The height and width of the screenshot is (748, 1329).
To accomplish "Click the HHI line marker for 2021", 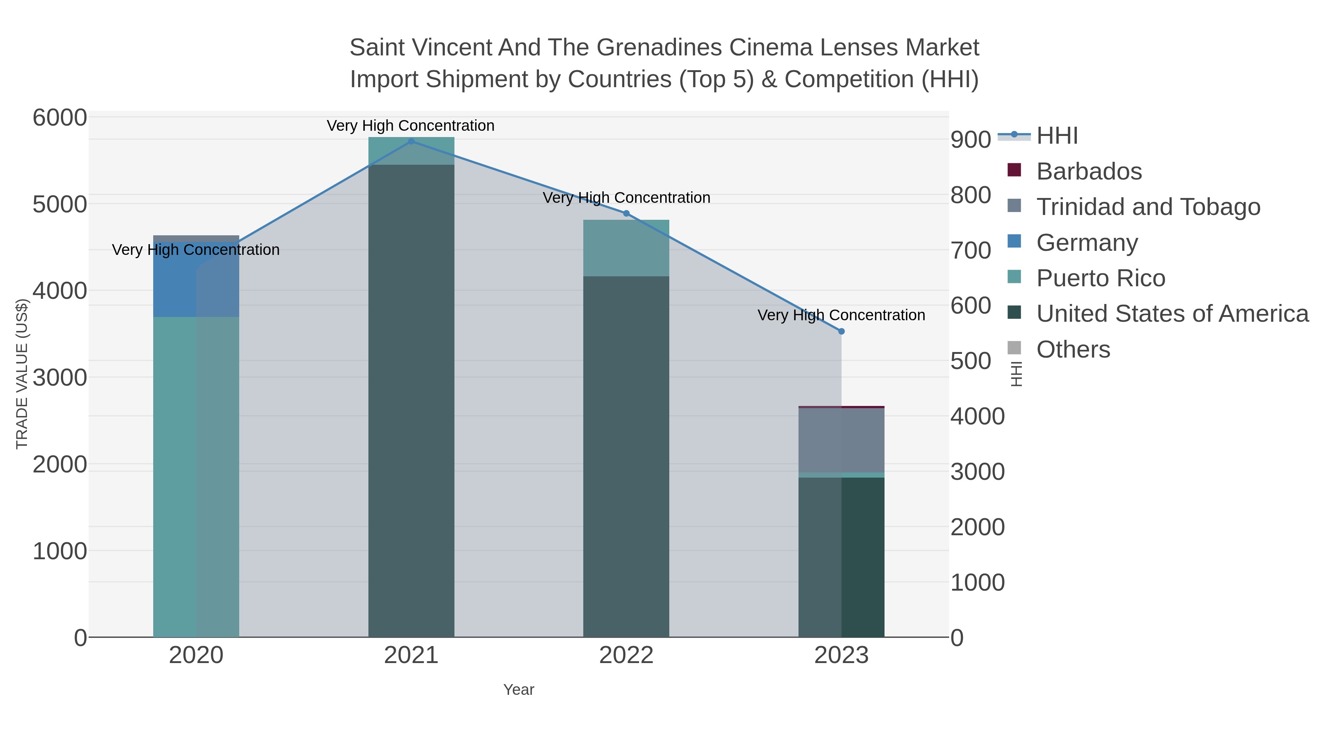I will [x=411, y=141].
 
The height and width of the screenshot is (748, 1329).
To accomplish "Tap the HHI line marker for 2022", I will [x=626, y=213].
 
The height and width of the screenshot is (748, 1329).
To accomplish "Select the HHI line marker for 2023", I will [x=841, y=331].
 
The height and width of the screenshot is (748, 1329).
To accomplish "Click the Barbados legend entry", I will [x=1089, y=171].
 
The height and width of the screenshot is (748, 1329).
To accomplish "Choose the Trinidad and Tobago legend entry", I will [x=1148, y=207].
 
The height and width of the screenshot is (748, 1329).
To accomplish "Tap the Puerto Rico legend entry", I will [x=1100, y=278].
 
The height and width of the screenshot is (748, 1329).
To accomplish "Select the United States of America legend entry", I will [x=1172, y=314].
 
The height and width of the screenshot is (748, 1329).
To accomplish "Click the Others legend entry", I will [x=1073, y=349].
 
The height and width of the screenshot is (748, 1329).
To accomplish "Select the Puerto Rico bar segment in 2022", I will [x=626, y=248].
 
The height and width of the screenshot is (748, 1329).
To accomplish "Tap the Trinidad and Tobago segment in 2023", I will [x=841, y=440].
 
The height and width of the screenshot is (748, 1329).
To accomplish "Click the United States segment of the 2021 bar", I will [x=411, y=403].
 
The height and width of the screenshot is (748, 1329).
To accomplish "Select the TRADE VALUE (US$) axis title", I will [x=22, y=374].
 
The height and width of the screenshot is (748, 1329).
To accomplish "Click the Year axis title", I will [x=519, y=690].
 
